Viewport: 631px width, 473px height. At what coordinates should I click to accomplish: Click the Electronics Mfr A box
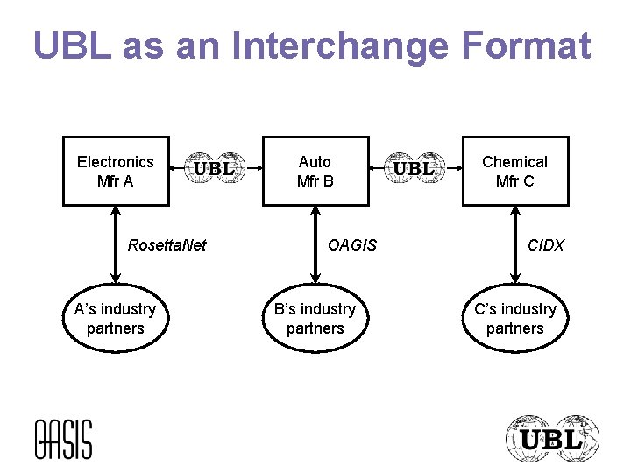pyautogui.click(x=116, y=172)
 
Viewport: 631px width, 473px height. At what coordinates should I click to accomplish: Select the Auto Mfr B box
pyautogui.click(x=315, y=172)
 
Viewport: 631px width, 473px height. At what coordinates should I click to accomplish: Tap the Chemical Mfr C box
pyautogui.click(x=515, y=172)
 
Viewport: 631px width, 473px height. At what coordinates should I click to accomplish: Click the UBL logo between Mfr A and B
pyautogui.click(x=215, y=168)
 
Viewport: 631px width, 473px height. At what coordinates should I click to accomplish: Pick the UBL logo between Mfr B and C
pyautogui.click(x=415, y=168)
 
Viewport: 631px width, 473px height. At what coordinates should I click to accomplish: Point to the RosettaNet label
pyautogui.click(x=167, y=245)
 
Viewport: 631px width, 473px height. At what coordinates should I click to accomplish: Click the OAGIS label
pyautogui.click(x=351, y=245)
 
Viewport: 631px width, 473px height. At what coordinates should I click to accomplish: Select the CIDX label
pyautogui.click(x=546, y=245)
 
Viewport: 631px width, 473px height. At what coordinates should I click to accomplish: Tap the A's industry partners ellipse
pyautogui.click(x=115, y=319)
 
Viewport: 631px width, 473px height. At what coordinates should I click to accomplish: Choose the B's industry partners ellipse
pyautogui.click(x=315, y=319)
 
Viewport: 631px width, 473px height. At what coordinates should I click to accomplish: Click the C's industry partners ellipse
pyautogui.click(x=515, y=319)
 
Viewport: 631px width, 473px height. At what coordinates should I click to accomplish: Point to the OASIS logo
pyautogui.click(x=63, y=439)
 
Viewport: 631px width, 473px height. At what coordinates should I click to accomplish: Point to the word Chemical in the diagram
pyautogui.click(x=515, y=162)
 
